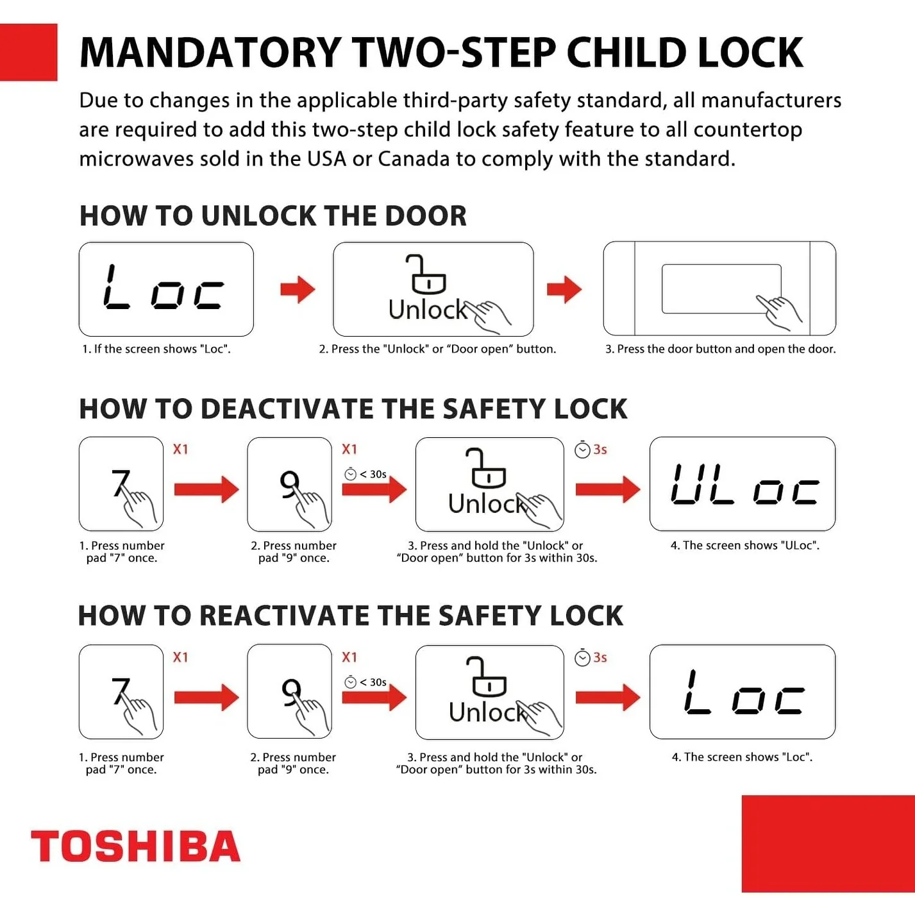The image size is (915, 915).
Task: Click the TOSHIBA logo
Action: (136, 846)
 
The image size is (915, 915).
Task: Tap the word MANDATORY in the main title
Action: (210, 52)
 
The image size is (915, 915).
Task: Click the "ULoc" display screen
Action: (742, 484)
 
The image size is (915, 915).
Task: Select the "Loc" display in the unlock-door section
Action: (166, 289)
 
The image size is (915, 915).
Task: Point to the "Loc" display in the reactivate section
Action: (742, 691)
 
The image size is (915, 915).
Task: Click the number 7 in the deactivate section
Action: (121, 482)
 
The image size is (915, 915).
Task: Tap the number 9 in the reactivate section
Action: (290, 691)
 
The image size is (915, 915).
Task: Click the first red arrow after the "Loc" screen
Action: (298, 289)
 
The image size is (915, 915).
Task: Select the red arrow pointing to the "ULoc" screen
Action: (608, 489)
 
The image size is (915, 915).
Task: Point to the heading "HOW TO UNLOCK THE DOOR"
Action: (273, 216)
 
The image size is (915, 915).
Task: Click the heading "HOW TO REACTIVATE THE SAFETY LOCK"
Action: (351, 616)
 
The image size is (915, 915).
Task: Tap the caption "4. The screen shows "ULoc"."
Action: (744, 545)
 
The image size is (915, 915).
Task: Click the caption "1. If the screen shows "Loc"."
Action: (156, 349)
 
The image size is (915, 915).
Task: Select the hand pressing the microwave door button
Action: (778, 312)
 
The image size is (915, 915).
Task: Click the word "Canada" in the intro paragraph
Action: (413, 158)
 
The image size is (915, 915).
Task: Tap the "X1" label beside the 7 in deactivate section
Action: (180, 449)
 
